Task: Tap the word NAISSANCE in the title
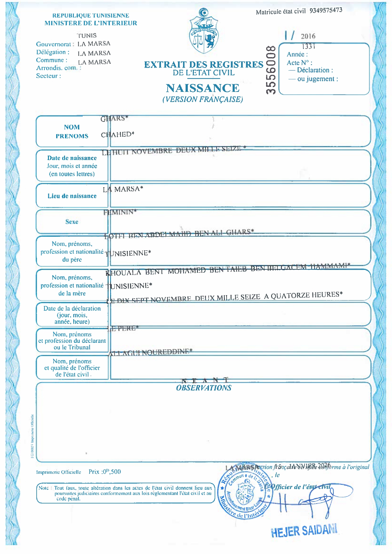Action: click(x=203, y=88)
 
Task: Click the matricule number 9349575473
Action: click(x=326, y=10)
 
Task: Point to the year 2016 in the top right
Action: click(x=308, y=36)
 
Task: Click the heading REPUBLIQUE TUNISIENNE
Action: click(x=91, y=15)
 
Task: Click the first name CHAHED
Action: click(x=117, y=134)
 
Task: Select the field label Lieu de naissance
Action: click(x=72, y=196)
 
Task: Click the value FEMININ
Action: click(x=120, y=212)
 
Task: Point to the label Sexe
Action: click(x=72, y=222)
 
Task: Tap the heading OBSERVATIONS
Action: click(x=204, y=388)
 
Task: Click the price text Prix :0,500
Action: click(x=104, y=472)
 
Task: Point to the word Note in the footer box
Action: click(x=44, y=488)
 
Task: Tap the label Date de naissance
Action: click(x=72, y=158)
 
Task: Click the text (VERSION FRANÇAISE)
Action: click(x=203, y=99)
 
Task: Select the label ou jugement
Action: click(x=317, y=79)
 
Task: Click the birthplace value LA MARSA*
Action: click(x=123, y=189)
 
